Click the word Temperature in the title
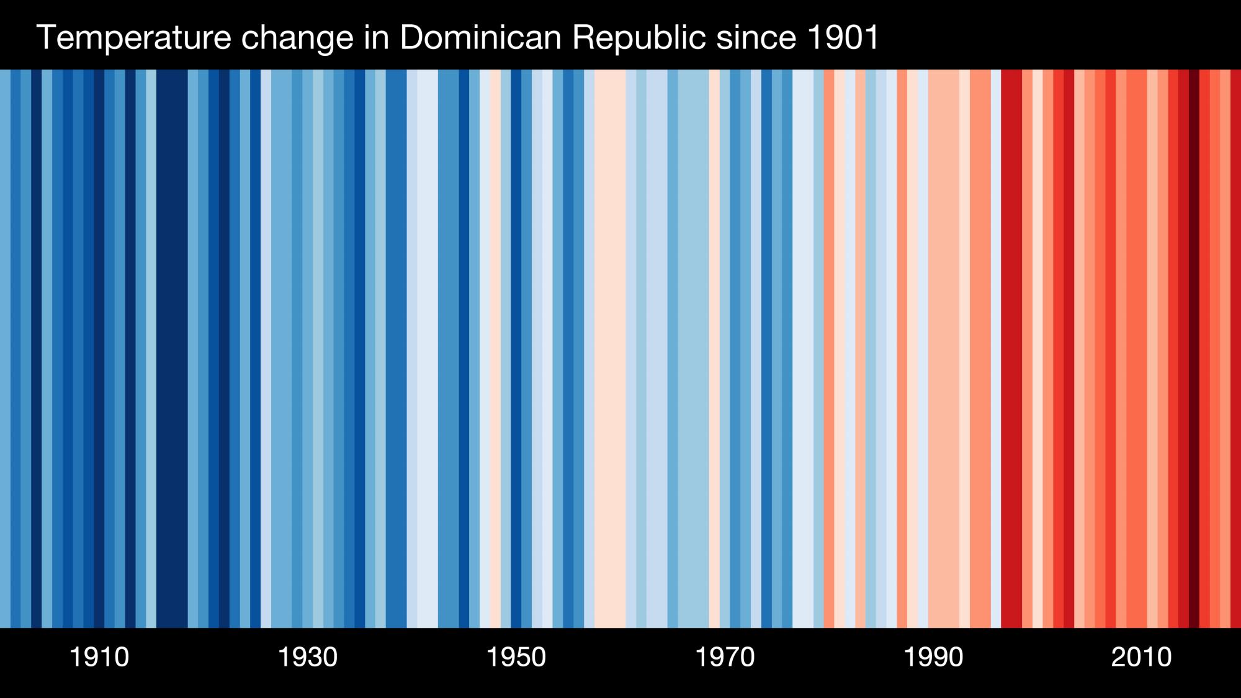click(x=133, y=37)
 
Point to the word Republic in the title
click(x=638, y=37)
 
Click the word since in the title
click(x=756, y=37)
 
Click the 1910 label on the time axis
click(x=99, y=657)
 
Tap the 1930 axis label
click(x=308, y=657)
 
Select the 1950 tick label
click(x=516, y=657)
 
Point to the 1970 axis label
click(x=725, y=657)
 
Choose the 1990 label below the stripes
click(x=933, y=657)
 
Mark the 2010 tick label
click(x=1142, y=657)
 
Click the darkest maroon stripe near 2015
click(x=1194, y=347)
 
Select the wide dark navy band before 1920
click(x=172, y=347)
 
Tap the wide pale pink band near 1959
click(x=610, y=347)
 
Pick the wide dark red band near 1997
click(x=1011, y=347)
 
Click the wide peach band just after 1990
click(x=944, y=347)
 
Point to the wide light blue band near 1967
click(x=693, y=347)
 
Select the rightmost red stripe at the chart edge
click(x=1236, y=347)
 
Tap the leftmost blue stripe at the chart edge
click(x=5, y=347)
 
